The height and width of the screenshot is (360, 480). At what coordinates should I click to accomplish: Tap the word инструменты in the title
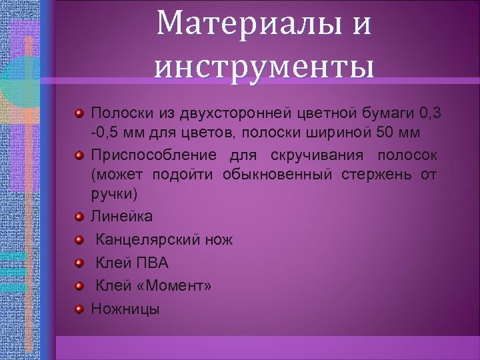click(x=264, y=67)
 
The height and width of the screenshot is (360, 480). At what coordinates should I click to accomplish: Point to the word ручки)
click(x=114, y=194)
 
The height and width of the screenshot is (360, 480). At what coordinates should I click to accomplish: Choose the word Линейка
click(x=121, y=217)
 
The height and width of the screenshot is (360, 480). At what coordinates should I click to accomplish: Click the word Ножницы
click(x=125, y=309)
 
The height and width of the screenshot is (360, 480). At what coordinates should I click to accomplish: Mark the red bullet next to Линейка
click(x=79, y=217)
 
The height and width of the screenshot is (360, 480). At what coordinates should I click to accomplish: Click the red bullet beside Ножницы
click(x=79, y=309)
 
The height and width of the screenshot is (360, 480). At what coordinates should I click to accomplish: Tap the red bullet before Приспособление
click(x=79, y=155)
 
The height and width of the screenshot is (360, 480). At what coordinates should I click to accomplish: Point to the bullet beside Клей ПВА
click(x=79, y=263)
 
